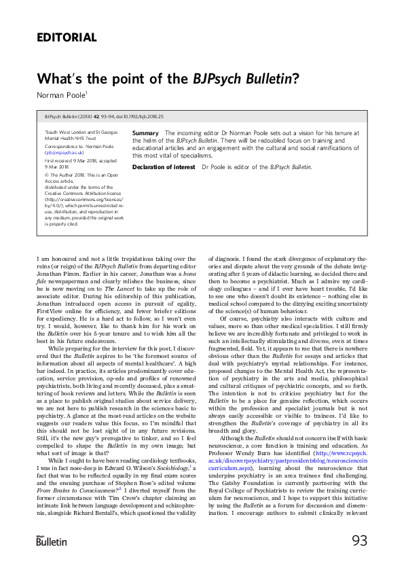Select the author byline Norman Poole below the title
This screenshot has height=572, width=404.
pyautogui.click(x=60, y=93)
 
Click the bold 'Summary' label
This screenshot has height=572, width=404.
pyautogui.click(x=145, y=133)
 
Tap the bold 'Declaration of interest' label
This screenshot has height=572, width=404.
pyautogui.click(x=163, y=166)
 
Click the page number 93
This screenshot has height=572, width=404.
pyautogui.click(x=359, y=541)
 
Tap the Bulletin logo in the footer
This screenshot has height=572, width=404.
pyautogui.click(x=51, y=541)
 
